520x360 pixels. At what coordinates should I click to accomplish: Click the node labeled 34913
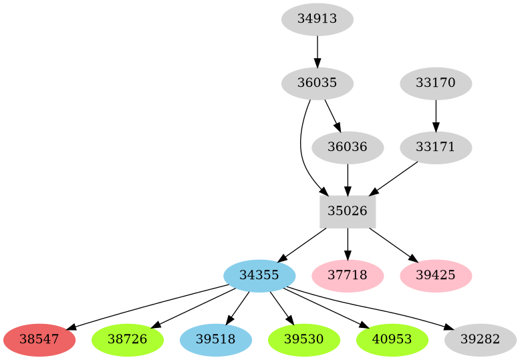pyautogui.click(x=317, y=19)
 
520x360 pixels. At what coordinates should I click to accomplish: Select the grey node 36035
pyautogui.click(x=317, y=83)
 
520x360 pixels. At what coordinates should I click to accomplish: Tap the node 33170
pyautogui.click(x=436, y=83)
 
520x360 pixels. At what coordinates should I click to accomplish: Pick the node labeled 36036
pyautogui.click(x=348, y=147)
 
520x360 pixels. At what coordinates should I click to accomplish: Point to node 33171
pyautogui.click(x=436, y=147)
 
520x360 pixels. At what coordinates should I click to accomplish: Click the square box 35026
pyautogui.click(x=348, y=211)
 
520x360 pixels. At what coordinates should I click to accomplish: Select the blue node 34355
pyautogui.click(x=259, y=275)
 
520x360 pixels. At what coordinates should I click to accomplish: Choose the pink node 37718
pyautogui.click(x=348, y=275)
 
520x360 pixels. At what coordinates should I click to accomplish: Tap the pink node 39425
pyautogui.click(x=436, y=275)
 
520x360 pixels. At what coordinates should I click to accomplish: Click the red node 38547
pyautogui.click(x=39, y=339)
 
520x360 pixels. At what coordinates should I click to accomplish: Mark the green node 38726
pyautogui.click(x=128, y=339)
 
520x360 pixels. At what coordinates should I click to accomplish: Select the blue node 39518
pyautogui.click(x=216, y=339)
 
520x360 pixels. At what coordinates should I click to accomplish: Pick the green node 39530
pyautogui.click(x=304, y=339)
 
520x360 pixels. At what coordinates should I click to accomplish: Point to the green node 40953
pyautogui.click(x=392, y=339)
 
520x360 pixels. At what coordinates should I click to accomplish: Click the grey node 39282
pyautogui.click(x=480, y=339)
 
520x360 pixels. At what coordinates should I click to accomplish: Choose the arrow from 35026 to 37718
pyautogui.click(x=348, y=242)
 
